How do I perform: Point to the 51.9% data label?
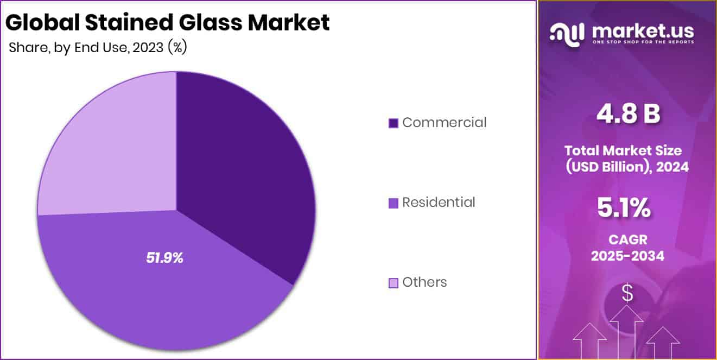tap(164, 258)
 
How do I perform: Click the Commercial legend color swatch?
tap(394, 123)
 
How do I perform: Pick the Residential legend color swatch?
tap(394, 203)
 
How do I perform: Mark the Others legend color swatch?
tap(394, 283)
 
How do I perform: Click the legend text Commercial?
tap(444, 123)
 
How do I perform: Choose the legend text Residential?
tap(439, 203)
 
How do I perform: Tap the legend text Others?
tap(424, 282)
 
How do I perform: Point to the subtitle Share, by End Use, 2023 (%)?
tap(98, 48)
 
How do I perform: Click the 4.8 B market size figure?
tap(628, 114)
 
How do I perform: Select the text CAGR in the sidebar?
tap(627, 239)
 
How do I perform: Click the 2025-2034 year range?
tap(627, 256)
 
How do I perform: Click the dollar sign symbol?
tap(627, 294)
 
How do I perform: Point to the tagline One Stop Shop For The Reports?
tap(643, 42)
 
